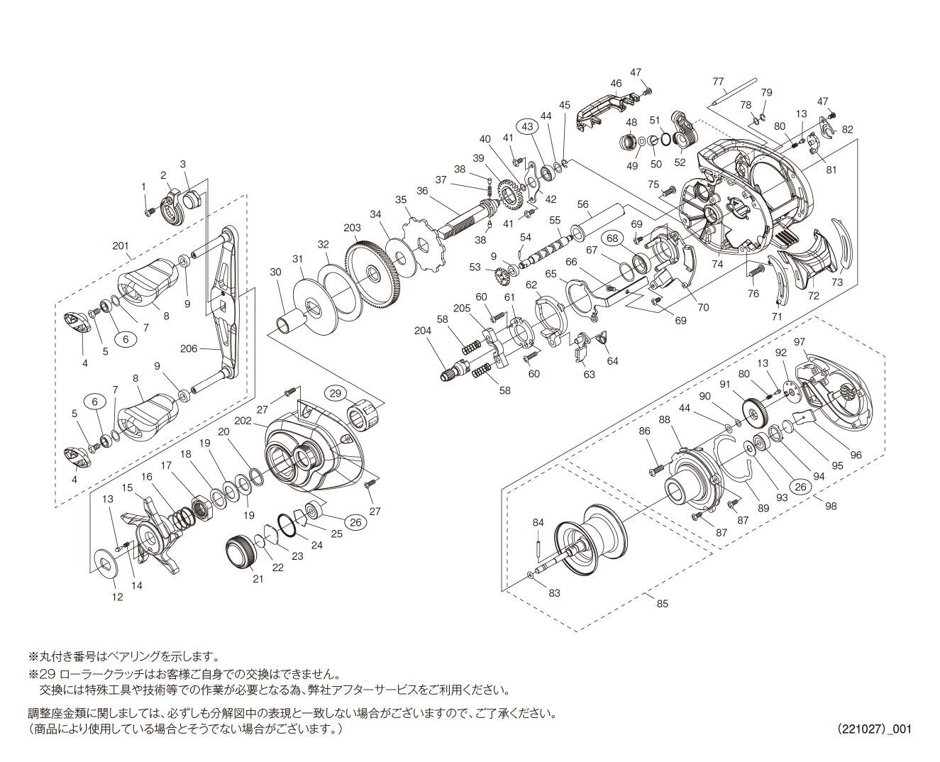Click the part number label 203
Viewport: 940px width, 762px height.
tap(352, 228)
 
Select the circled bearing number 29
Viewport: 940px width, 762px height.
tap(335, 392)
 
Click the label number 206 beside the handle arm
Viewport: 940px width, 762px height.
tap(188, 348)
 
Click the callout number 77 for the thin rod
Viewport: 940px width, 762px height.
tap(717, 81)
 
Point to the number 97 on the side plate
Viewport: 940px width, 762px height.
tap(800, 342)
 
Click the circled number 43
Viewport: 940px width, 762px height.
tap(526, 126)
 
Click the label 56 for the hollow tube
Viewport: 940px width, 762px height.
tap(583, 204)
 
